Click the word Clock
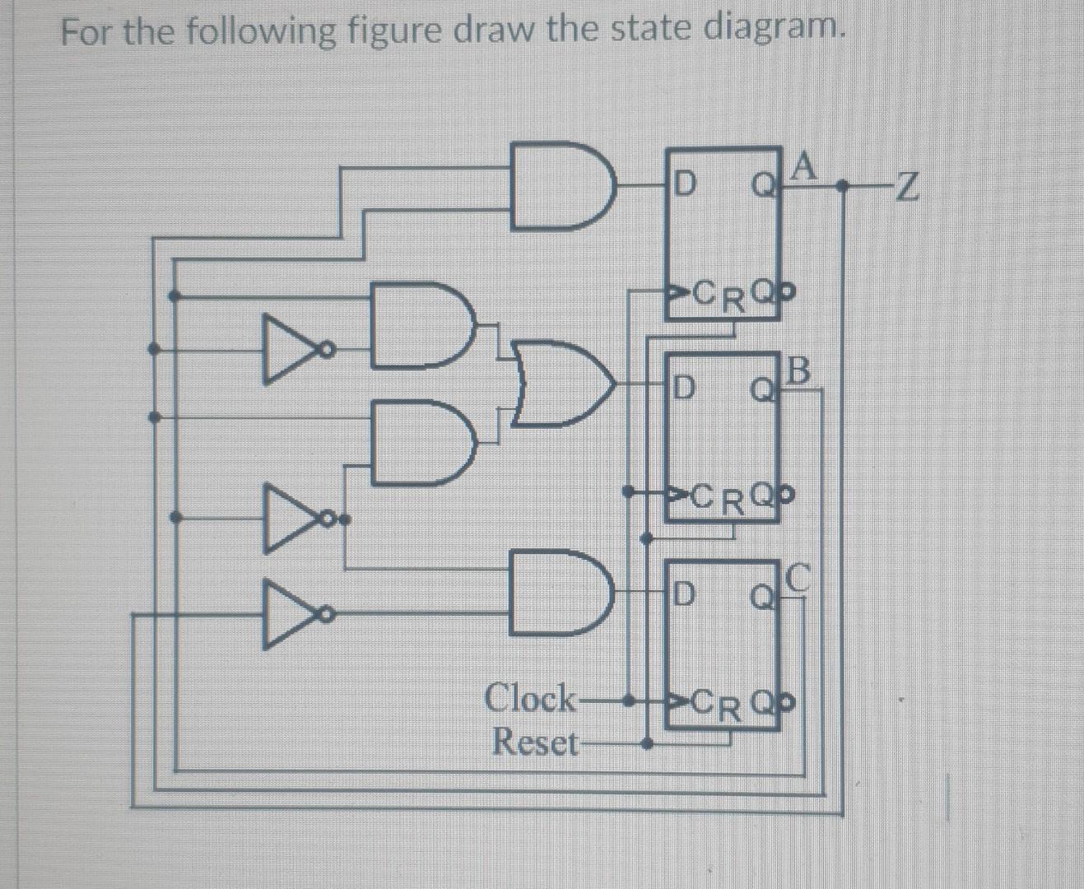click(531, 699)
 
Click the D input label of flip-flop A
click(684, 182)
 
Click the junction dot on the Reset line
click(649, 745)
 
